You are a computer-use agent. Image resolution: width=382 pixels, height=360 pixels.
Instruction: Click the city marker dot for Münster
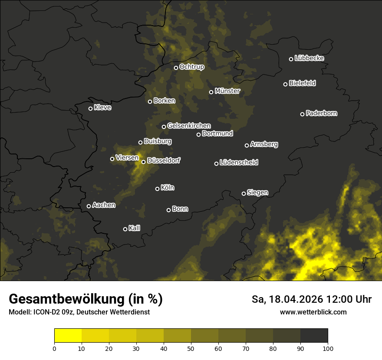tap(211, 92)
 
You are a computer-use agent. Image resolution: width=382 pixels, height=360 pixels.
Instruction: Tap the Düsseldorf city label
tap(164, 160)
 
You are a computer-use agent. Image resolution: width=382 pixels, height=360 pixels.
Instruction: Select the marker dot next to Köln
tap(157, 189)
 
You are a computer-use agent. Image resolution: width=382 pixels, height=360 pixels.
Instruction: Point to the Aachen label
tap(104, 205)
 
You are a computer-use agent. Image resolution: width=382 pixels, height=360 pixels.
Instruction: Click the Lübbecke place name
tap(309, 58)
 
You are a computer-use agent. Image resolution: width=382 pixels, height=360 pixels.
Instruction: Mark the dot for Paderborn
tap(303, 114)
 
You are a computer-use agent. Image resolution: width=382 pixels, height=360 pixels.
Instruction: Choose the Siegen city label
tap(257, 192)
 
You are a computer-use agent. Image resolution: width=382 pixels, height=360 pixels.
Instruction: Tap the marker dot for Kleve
tap(90, 108)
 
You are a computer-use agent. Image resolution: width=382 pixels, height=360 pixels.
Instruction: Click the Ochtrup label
tap(191, 67)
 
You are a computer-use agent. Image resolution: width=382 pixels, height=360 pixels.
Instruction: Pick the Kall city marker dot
tap(125, 229)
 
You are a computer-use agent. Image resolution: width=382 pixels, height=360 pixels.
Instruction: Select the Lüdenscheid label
tap(239, 163)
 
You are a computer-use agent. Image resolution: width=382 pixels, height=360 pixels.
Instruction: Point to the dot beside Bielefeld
tap(286, 84)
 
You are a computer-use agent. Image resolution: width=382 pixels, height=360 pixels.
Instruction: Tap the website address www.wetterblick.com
tap(313, 312)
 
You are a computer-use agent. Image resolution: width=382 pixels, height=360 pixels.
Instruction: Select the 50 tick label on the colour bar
tap(191, 348)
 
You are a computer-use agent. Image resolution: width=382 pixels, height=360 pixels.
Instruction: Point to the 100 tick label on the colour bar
tap(328, 348)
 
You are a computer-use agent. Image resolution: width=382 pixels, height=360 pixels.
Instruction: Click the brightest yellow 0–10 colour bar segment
tap(68, 336)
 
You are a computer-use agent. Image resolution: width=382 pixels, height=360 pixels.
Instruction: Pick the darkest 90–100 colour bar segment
tap(314, 336)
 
